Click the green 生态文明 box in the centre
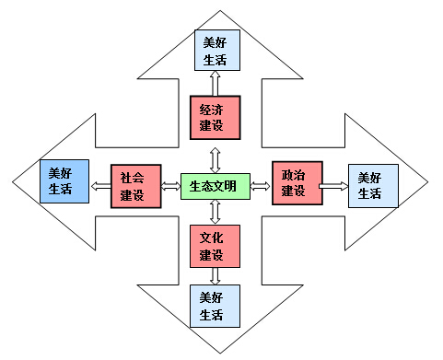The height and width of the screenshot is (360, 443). (x=213, y=186)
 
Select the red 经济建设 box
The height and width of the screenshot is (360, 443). (x=215, y=117)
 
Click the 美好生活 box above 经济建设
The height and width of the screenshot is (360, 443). (x=215, y=51)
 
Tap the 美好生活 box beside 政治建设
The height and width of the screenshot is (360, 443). (x=372, y=185)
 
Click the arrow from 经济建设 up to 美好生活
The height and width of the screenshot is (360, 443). (x=215, y=84)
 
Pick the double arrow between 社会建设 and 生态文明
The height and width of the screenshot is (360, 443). (x=170, y=187)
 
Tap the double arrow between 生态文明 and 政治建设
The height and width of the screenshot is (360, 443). (x=260, y=186)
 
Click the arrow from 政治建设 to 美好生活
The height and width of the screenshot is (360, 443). (x=333, y=186)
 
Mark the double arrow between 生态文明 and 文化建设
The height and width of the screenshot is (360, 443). (x=215, y=211)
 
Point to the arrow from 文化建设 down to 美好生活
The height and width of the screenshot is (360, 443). (x=215, y=275)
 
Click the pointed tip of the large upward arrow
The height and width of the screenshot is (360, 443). (x=216, y=12)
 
